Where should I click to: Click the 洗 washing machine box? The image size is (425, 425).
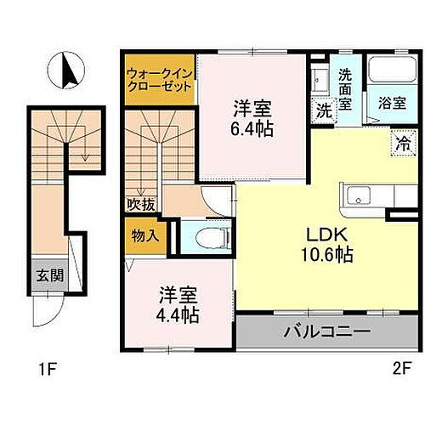(324, 110)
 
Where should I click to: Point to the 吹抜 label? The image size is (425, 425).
(141, 204)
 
